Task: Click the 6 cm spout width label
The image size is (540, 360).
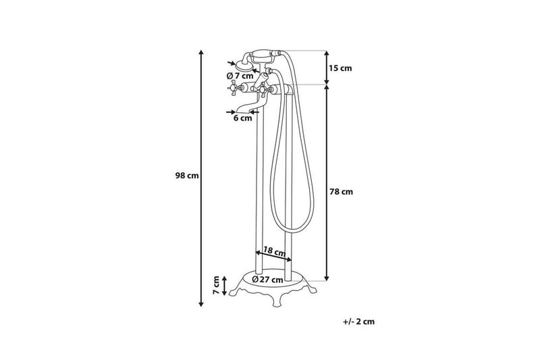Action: click(x=242, y=118)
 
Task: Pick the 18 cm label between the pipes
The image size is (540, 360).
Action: click(x=274, y=250)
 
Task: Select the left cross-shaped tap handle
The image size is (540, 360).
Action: click(x=232, y=89)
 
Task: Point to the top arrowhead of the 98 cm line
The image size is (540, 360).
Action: click(x=201, y=52)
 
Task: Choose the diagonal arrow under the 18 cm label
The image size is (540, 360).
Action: click(x=273, y=257)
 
